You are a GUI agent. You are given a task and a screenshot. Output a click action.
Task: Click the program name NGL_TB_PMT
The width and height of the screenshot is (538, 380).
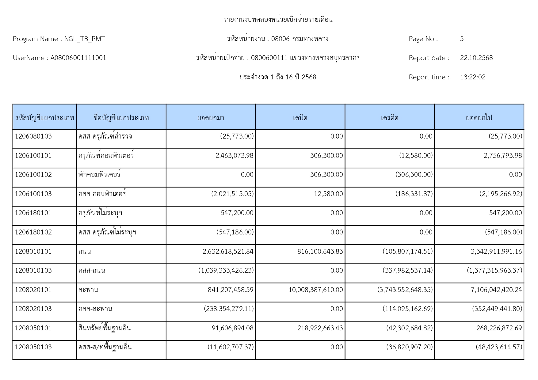(x=84, y=39)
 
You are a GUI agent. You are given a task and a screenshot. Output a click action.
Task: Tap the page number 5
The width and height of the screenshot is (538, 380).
(x=462, y=39)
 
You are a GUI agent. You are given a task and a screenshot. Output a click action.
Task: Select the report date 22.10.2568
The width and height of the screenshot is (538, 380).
(x=476, y=58)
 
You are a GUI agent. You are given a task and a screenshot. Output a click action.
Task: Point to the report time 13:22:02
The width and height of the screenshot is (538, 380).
(x=472, y=77)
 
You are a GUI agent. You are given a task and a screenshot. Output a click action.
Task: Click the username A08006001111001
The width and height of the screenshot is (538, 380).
(x=78, y=58)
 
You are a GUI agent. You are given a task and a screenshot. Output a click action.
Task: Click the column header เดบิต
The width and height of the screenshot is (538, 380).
(x=300, y=118)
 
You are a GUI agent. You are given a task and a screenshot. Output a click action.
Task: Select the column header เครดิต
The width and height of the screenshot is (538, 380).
(x=389, y=118)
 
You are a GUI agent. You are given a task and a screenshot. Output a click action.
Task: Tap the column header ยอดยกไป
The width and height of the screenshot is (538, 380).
(x=479, y=118)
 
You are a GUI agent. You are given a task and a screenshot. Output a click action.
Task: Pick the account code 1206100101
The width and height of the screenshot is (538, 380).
(x=33, y=156)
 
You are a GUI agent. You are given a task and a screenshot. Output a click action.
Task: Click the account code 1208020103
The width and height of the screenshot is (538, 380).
(x=33, y=309)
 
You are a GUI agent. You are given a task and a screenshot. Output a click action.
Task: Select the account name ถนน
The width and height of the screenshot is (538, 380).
(x=85, y=252)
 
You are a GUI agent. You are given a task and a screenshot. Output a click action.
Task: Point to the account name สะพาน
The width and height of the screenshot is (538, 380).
(x=88, y=290)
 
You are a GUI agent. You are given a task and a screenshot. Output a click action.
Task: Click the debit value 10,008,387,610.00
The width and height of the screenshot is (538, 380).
(x=315, y=290)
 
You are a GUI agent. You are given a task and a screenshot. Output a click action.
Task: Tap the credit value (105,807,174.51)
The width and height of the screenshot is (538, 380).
(x=407, y=252)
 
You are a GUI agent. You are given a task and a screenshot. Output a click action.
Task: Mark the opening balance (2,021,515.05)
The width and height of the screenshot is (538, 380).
(x=232, y=194)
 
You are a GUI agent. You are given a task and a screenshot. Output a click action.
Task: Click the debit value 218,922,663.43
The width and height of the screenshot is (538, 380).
(x=320, y=328)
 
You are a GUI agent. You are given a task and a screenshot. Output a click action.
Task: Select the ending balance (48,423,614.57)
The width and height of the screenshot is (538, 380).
(x=499, y=347)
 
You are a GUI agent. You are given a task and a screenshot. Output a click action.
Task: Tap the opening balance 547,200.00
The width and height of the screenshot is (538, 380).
(x=237, y=213)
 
